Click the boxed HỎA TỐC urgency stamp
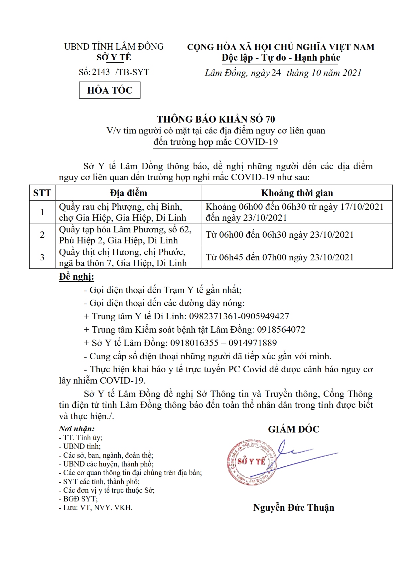pyautogui.click(x=109, y=90)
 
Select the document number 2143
pyautogui.click(x=101, y=72)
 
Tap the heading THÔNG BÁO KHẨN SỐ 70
pyautogui.click(x=216, y=119)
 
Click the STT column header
pyautogui.click(x=42, y=193)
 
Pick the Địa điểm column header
pyautogui.click(x=128, y=193)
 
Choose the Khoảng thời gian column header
pyautogui.click(x=297, y=193)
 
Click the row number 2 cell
pyautogui.click(x=42, y=235)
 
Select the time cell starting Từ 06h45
pyautogui.click(x=279, y=257)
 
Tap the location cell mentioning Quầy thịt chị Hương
pyautogui.click(x=123, y=257)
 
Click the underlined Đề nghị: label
pyautogui.click(x=76, y=277)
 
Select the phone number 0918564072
pyautogui.click(x=281, y=330)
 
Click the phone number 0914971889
pyautogui.click(x=252, y=343)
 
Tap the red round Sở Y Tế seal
pyautogui.click(x=251, y=462)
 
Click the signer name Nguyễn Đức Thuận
pyautogui.click(x=294, y=507)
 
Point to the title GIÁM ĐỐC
pyautogui.click(x=294, y=429)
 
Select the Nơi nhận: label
pyautogui.click(x=77, y=429)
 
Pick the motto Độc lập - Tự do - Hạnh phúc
pyautogui.click(x=281, y=58)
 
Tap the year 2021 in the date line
pyautogui.click(x=352, y=73)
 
